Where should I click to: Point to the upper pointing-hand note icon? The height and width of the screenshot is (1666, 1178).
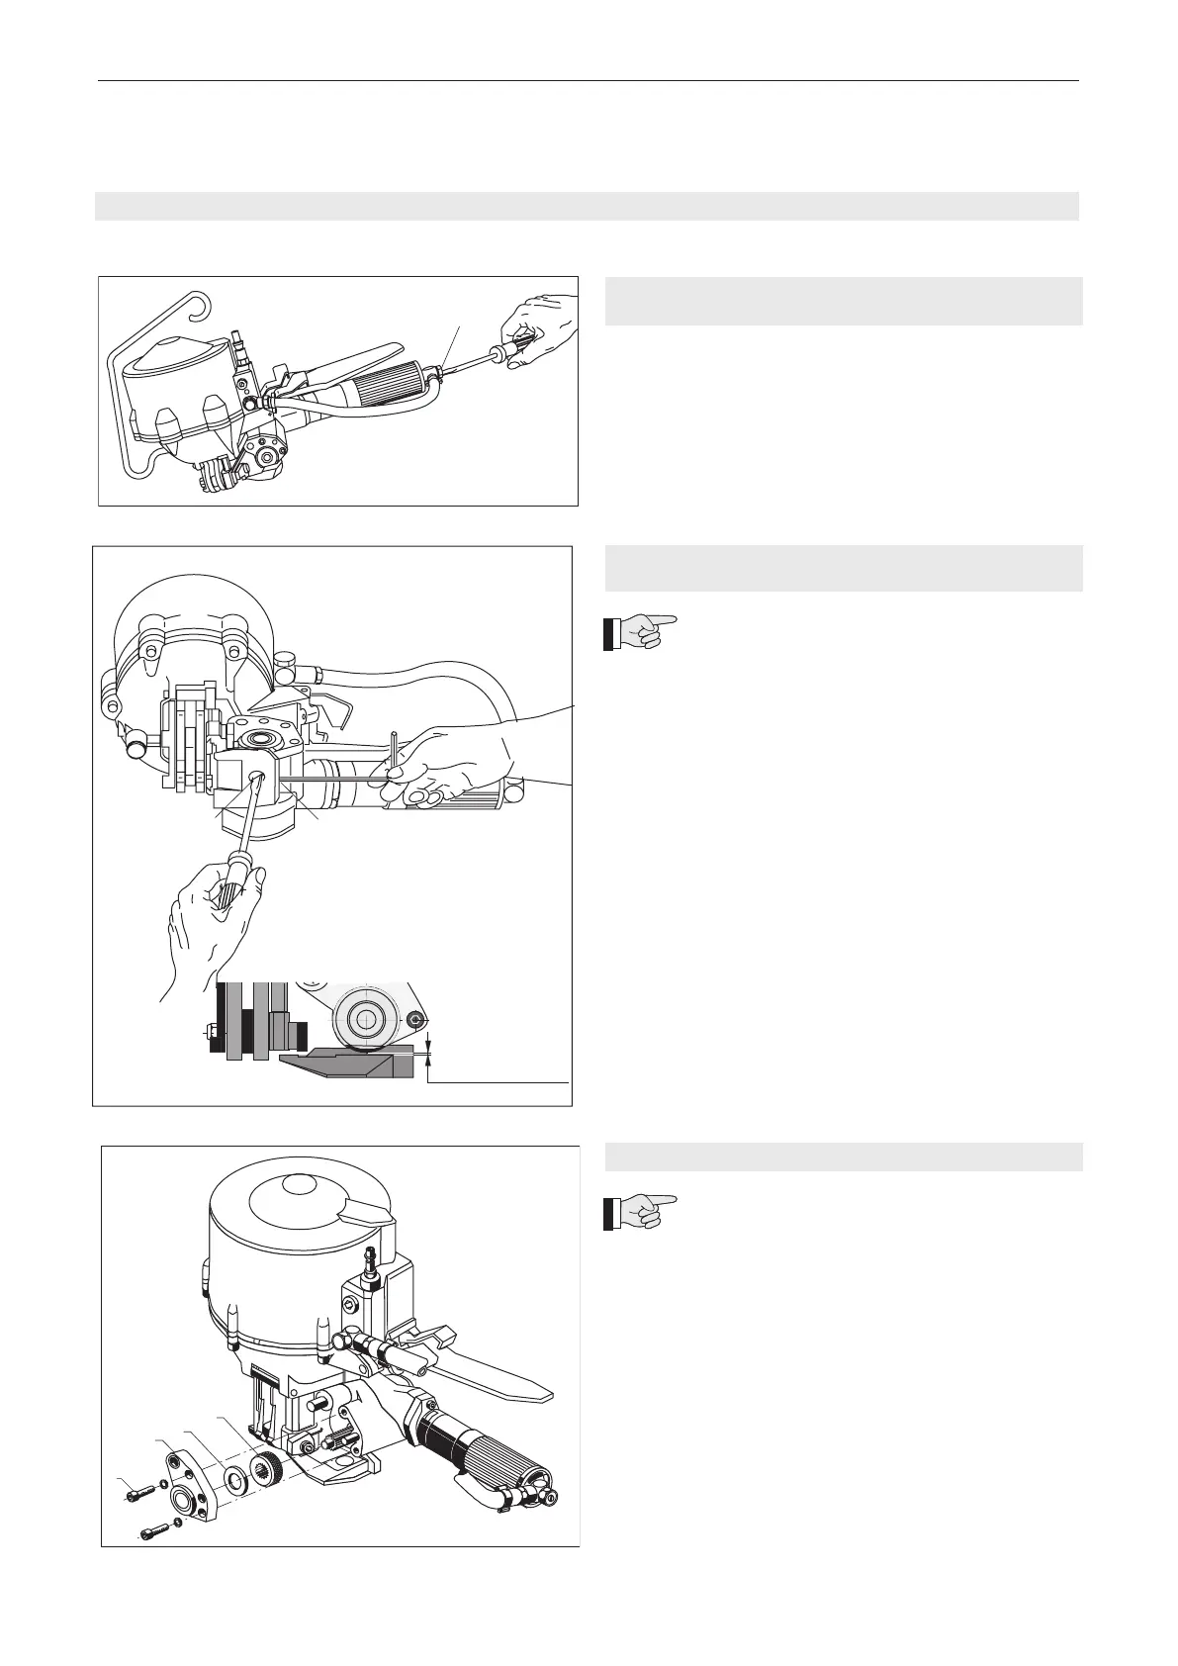point(641,631)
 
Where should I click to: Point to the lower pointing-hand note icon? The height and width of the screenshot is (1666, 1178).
point(641,1212)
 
